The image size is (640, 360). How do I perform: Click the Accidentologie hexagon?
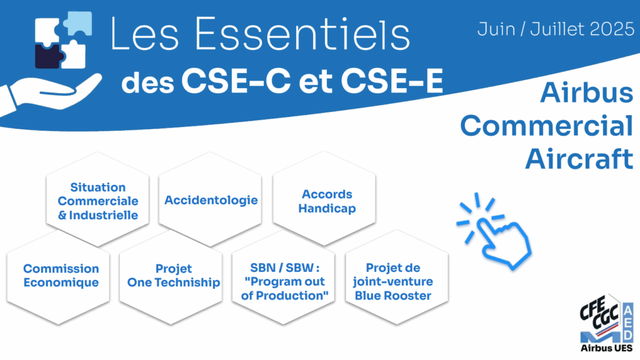pyautogui.click(x=210, y=199)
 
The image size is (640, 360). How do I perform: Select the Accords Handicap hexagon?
pyautogui.click(x=324, y=199)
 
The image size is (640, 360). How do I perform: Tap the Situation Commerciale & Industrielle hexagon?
pyautogui.click(x=97, y=199)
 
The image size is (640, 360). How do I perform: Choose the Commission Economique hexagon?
pyautogui.click(x=58, y=277)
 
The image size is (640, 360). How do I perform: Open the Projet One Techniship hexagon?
pyautogui.click(x=171, y=277)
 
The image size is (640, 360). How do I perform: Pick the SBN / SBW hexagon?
pyautogui.click(x=284, y=277)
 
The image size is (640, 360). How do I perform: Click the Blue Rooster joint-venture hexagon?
pyautogui.click(x=397, y=277)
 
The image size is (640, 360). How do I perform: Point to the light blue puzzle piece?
pyautogui.click(x=78, y=23)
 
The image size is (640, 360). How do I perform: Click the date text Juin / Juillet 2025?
pyautogui.click(x=556, y=29)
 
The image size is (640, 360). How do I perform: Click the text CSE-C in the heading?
pyautogui.click(x=236, y=81)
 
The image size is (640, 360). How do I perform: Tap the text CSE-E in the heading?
pyautogui.click(x=392, y=81)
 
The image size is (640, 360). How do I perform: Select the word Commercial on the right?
pyautogui.click(x=546, y=126)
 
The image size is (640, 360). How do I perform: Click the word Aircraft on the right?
pyautogui.click(x=579, y=158)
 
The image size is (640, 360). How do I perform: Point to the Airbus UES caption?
pyautogui.click(x=606, y=348)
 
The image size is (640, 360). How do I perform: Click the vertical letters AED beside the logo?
pyautogui.click(x=628, y=322)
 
